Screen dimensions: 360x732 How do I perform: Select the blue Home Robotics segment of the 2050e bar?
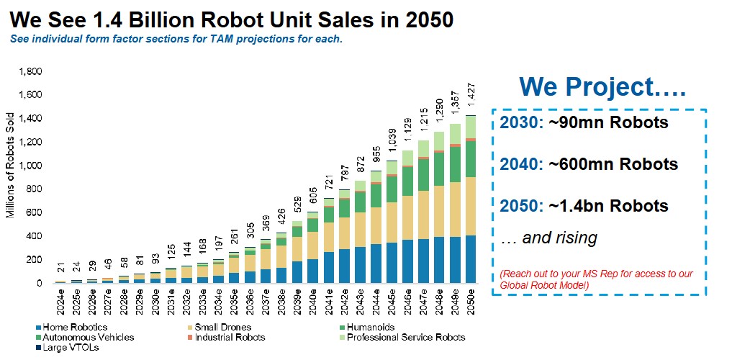click(471, 259)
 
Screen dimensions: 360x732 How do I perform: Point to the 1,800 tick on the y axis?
click(31, 71)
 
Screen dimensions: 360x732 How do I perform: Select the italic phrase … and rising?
click(548, 237)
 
